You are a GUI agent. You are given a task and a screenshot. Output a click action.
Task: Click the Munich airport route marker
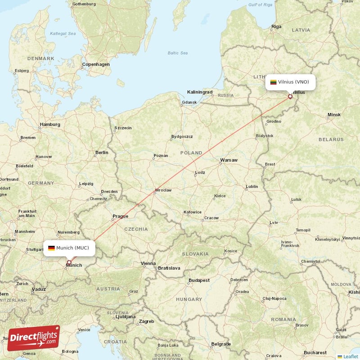(69, 262)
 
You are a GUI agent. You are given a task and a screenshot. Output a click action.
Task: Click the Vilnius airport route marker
(290, 96)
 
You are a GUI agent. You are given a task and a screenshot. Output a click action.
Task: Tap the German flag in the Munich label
(51, 248)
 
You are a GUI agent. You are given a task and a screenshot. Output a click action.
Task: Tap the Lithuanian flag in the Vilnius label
(273, 82)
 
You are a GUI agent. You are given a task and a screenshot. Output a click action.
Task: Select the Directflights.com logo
(34, 337)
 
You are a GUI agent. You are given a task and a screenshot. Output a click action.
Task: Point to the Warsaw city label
(229, 160)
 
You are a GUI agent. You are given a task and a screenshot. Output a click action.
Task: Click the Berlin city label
(102, 153)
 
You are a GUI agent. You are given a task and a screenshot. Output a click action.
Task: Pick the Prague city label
(120, 216)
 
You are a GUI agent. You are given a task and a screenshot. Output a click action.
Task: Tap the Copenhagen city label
(96, 64)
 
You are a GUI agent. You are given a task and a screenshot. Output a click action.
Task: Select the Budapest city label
(199, 280)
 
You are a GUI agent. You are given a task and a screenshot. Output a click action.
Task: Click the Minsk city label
(334, 115)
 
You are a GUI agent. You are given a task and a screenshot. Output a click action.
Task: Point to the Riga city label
(276, 27)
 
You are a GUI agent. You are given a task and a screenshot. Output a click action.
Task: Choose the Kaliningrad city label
(200, 92)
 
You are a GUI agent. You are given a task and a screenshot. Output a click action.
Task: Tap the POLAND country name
(191, 153)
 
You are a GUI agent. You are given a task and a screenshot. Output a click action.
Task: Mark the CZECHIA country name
(136, 229)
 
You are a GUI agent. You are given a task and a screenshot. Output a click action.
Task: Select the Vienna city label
(148, 263)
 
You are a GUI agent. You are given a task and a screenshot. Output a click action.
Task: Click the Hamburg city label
(50, 124)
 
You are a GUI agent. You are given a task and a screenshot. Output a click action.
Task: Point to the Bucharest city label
(315, 352)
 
